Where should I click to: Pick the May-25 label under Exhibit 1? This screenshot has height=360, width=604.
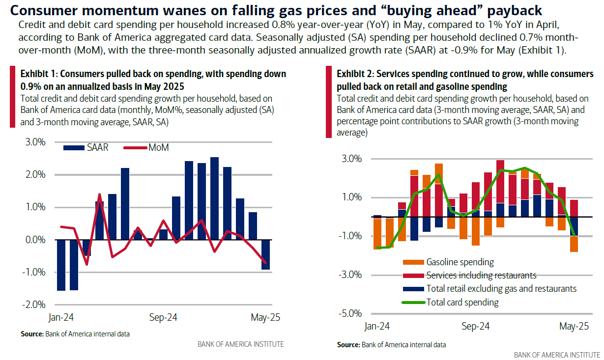tap(265, 318)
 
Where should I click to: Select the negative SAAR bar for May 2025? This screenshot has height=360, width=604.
tap(265, 255)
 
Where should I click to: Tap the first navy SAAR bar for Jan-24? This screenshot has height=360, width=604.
tap(61, 265)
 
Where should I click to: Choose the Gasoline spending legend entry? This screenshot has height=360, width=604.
tap(460, 262)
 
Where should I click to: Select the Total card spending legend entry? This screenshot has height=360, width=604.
tap(462, 303)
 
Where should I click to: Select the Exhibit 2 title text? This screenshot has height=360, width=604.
tap(464, 80)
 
